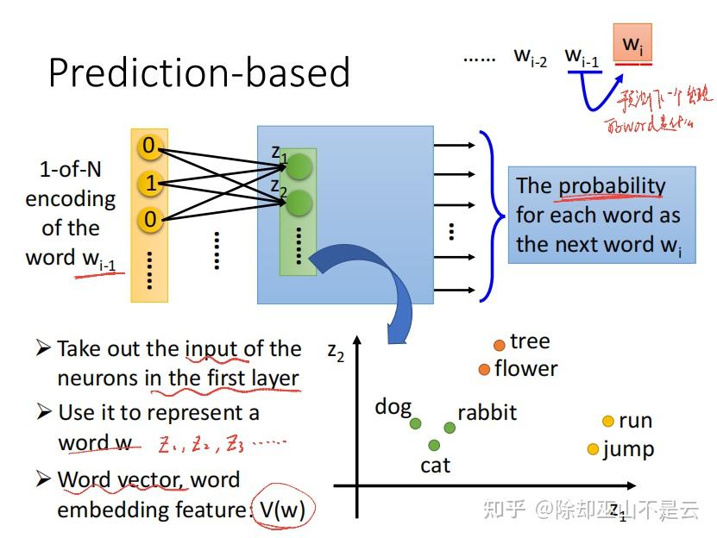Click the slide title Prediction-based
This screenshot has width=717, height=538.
pyautogui.click(x=198, y=72)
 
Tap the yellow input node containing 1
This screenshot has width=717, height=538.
pyautogui.click(x=150, y=184)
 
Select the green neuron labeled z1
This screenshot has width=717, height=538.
pyautogui.click(x=299, y=166)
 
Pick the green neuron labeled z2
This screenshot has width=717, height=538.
pyautogui.click(x=299, y=203)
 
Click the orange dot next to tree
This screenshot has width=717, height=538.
pyautogui.click(x=499, y=345)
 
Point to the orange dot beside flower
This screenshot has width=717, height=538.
pyautogui.click(x=484, y=370)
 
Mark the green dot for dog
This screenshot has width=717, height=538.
pyautogui.click(x=416, y=422)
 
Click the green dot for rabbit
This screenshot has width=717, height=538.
pyautogui.click(x=450, y=427)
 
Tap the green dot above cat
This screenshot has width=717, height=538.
pyautogui.click(x=434, y=445)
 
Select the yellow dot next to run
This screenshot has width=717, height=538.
pyautogui.click(x=607, y=422)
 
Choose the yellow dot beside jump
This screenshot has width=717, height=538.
pyautogui.click(x=593, y=449)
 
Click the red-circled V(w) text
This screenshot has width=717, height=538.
pyautogui.click(x=282, y=509)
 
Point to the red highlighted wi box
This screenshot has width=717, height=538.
pyautogui.click(x=632, y=44)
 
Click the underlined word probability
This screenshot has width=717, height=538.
pyautogui.click(x=612, y=186)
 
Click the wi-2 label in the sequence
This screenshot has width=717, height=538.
pyautogui.click(x=531, y=57)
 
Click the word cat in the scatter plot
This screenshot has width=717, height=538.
pyautogui.click(x=435, y=466)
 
